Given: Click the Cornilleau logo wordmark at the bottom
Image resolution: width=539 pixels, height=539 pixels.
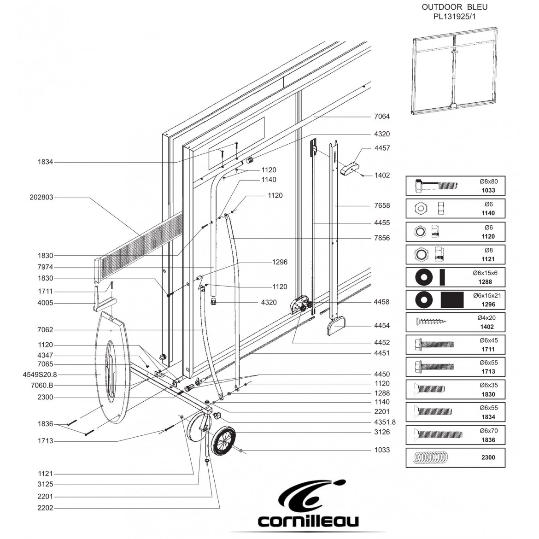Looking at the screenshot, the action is click(x=308, y=521).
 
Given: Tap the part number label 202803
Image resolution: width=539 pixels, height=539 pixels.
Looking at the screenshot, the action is click(x=41, y=197).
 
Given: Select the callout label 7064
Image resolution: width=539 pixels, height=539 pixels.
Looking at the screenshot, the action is click(x=382, y=116).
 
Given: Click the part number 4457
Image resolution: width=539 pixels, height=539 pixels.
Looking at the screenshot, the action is click(x=382, y=148).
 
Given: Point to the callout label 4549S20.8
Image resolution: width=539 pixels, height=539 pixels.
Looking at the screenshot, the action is click(x=40, y=375).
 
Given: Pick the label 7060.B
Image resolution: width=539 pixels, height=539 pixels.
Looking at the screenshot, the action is click(x=42, y=385).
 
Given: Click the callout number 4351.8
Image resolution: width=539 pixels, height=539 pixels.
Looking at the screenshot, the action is click(x=385, y=422).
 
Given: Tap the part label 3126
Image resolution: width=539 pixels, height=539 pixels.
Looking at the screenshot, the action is click(x=382, y=432).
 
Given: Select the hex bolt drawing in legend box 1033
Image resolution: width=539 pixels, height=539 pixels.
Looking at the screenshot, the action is click(x=436, y=186).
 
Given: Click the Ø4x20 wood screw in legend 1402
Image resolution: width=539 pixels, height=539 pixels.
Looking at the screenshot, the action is click(x=432, y=322).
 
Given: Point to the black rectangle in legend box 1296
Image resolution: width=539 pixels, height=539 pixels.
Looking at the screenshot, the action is click(x=452, y=299).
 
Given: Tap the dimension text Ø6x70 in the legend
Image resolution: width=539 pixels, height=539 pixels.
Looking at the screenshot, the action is click(x=488, y=431).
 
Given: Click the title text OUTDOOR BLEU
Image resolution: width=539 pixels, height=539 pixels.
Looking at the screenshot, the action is click(x=454, y=7).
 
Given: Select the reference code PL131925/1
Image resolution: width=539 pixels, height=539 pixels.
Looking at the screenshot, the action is click(x=454, y=17).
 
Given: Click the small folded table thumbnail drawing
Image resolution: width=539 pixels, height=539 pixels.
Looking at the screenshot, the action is click(x=455, y=71).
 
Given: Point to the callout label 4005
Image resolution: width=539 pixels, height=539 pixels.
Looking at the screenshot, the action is click(x=45, y=303).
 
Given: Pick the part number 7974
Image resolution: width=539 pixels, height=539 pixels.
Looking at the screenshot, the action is click(x=45, y=267).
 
